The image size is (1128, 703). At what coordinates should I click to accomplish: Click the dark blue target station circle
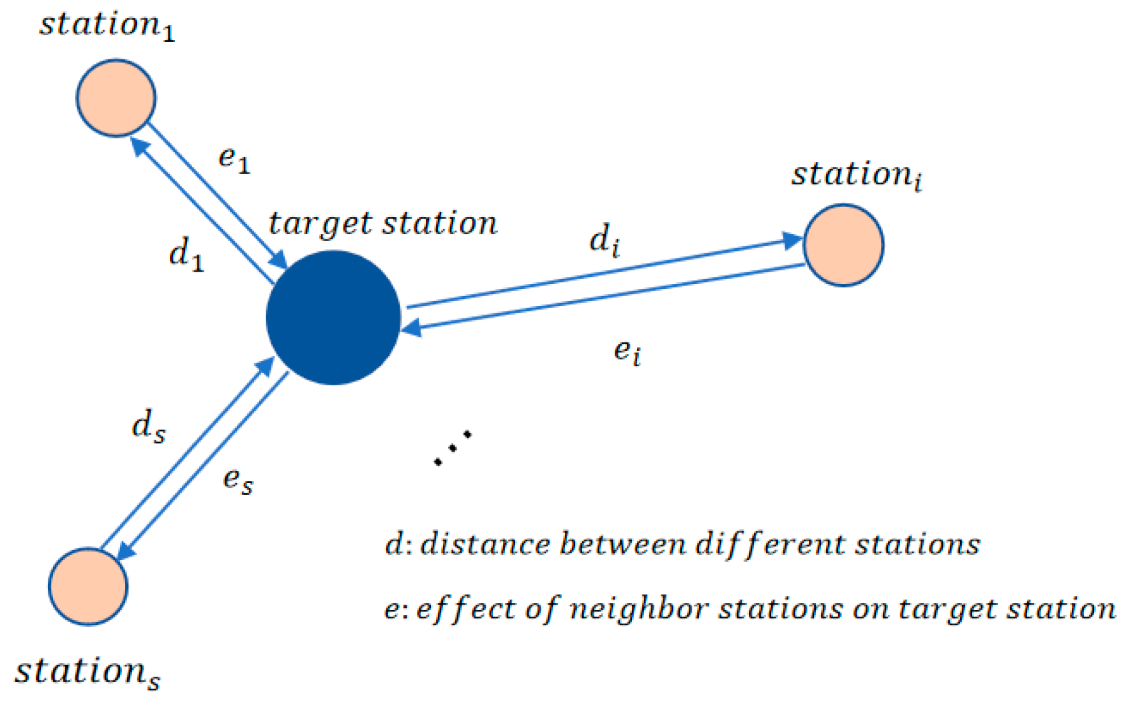click(x=333, y=317)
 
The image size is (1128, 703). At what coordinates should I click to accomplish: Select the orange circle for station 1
click(x=116, y=98)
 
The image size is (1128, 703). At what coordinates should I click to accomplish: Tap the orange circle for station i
click(x=843, y=244)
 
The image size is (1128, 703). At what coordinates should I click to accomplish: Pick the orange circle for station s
click(x=88, y=586)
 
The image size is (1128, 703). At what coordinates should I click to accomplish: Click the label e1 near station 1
click(x=234, y=159)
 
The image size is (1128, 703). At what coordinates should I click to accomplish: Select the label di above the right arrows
click(x=605, y=241)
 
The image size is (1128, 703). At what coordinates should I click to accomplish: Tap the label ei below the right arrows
click(x=627, y=352)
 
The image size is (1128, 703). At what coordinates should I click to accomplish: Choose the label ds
click(x=149, y=426)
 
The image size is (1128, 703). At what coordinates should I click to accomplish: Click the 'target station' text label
click(x=382, y=224)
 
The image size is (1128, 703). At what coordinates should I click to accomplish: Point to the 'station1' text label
click(x=107, y=26)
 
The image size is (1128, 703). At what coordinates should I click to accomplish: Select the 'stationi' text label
click(x=857, y=175)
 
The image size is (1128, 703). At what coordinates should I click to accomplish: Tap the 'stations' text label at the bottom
click(x=87, y=672)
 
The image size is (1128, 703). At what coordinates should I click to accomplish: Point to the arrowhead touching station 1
click(x=139, y=146)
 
